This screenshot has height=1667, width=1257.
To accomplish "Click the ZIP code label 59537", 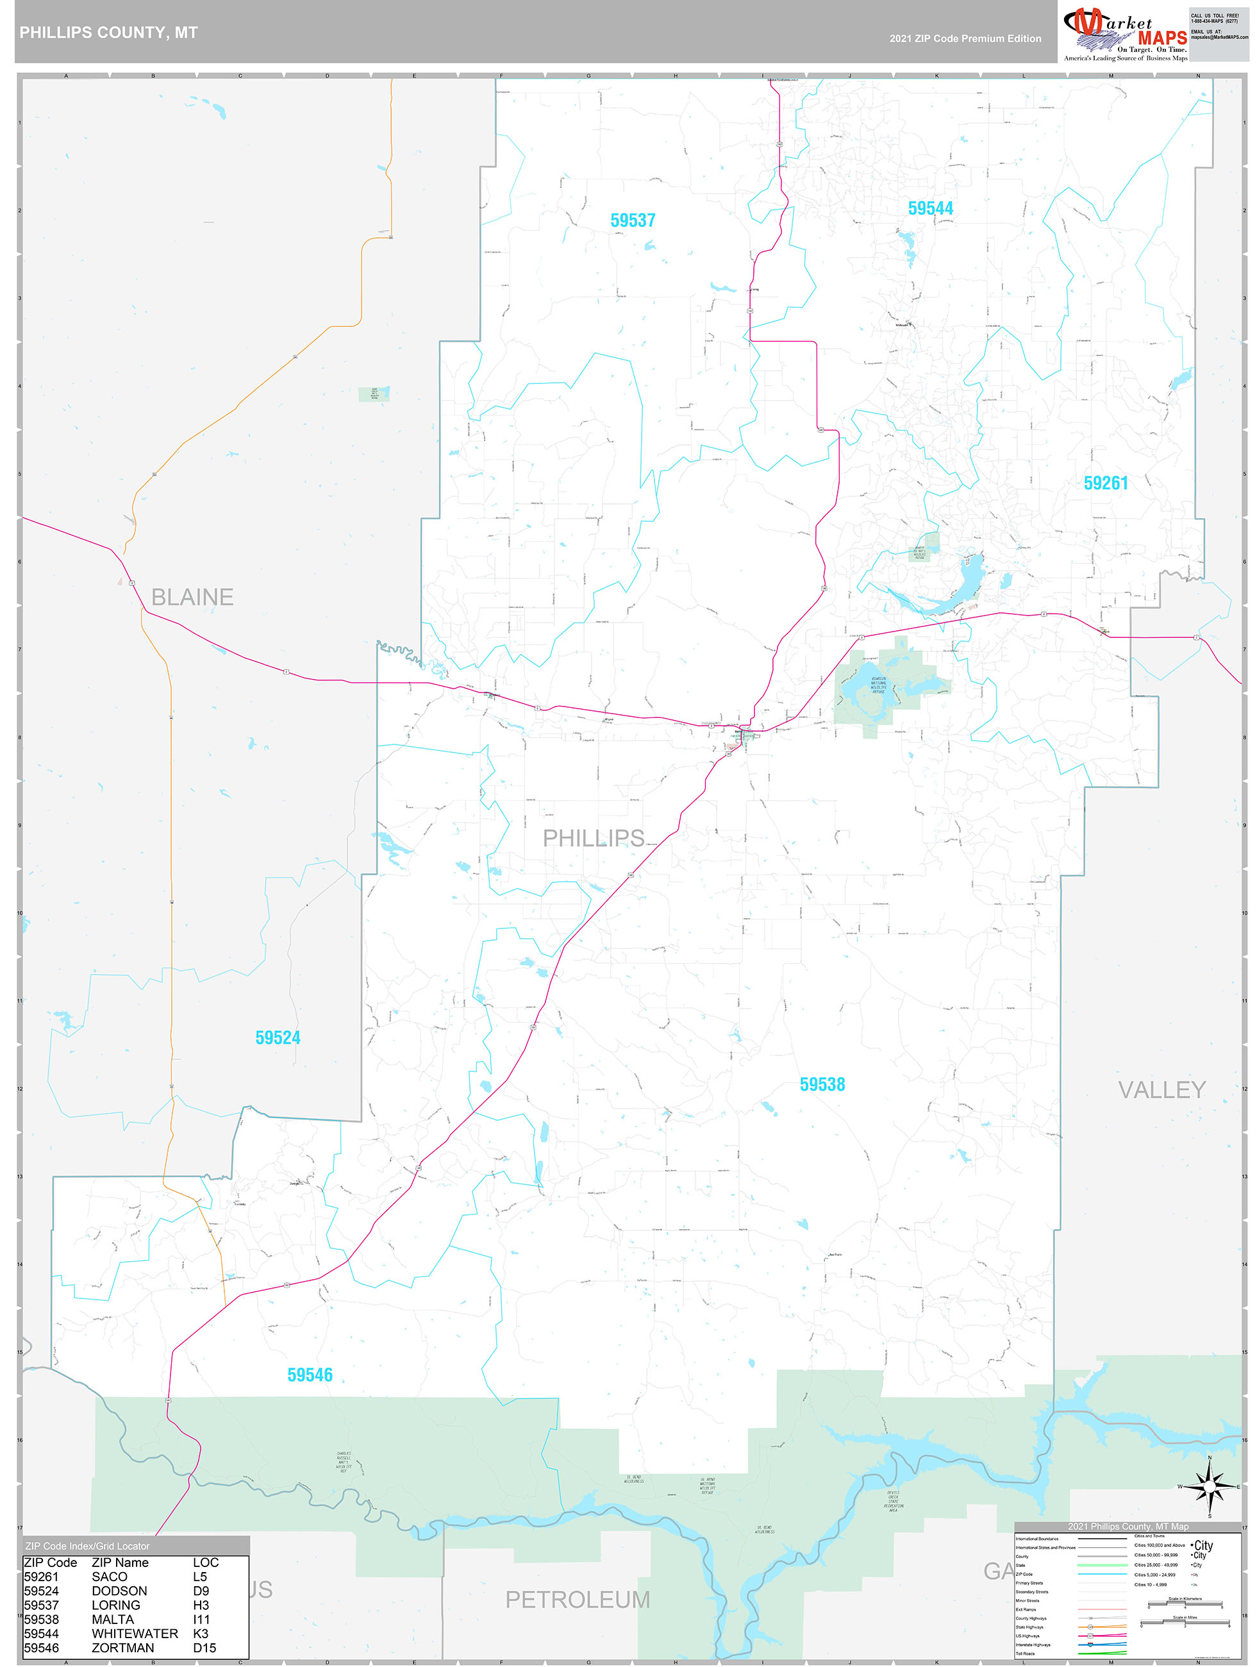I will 632,220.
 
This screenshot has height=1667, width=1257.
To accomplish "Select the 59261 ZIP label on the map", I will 1106,483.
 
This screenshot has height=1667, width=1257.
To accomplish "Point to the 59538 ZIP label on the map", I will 822,1084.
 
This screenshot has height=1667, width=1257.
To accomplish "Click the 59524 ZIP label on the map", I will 278,1038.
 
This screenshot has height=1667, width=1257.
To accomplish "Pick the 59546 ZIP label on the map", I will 310,1375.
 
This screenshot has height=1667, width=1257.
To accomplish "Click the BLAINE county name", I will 192,597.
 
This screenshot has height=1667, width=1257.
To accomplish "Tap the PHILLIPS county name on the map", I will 594,838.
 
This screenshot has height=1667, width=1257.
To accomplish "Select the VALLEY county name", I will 1161,1090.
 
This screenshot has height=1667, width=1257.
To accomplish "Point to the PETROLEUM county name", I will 578,1599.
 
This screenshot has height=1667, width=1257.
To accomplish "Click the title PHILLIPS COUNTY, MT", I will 108,33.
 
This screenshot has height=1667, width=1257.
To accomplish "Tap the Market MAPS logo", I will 1124,34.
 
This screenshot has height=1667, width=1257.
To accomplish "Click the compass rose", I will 1210,1486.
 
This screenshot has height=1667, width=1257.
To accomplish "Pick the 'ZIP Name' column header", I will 120,1562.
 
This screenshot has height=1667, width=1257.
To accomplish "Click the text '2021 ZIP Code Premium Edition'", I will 965,38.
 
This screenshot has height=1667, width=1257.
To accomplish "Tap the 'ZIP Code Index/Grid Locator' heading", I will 87,1546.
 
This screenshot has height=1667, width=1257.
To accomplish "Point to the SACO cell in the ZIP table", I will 109,1577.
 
